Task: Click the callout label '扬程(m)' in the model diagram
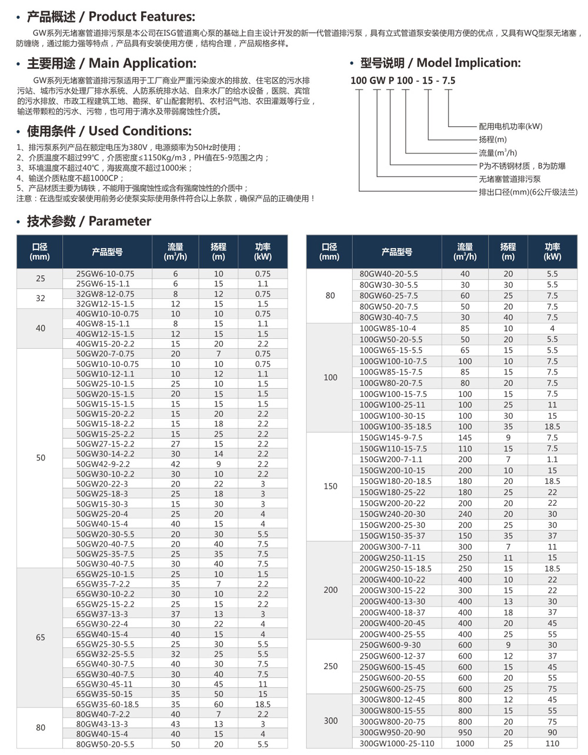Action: [x=493, y=139]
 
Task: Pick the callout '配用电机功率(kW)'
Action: [x=510, y=126]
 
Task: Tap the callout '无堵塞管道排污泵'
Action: [x=509, y=179]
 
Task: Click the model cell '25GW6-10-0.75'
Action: [x=105, y=274]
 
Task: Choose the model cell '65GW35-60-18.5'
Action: [x=108, y=704]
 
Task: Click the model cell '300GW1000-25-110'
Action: [x=396, y=744]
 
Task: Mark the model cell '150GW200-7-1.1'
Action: [x=390, y=459]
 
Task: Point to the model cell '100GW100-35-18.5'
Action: [x=395, y=426]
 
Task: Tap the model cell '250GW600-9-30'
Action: [x=390, y=645]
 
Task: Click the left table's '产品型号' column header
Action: [x=106, y=252]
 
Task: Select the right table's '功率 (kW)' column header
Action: [x=552, y=252]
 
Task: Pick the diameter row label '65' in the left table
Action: [x=40, y=637]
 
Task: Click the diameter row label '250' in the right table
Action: [x=330, y=666]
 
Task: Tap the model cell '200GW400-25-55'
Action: [x=392, y=634]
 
